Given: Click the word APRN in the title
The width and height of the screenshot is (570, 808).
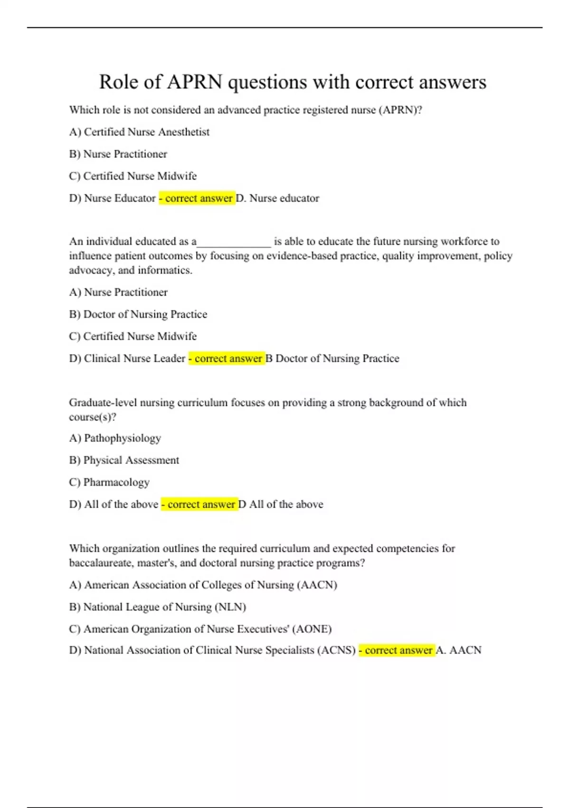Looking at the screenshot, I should click(194, 82).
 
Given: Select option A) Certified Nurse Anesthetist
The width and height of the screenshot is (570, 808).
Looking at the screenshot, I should click(139, 132).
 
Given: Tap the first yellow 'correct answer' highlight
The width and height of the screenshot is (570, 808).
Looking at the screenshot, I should click(197, 198).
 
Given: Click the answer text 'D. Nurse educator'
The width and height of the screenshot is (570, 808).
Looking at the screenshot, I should click(277, 198).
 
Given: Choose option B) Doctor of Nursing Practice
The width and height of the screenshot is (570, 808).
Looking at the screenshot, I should click(138, 314).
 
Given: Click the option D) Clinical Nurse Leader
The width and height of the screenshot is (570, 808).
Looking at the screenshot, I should click(127, 358).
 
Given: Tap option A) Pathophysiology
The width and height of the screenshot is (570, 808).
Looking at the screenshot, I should click(115, 438).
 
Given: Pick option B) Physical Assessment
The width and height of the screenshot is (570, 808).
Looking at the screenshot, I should click(124, 460).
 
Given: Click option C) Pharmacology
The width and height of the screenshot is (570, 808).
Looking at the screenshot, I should click(109, 482).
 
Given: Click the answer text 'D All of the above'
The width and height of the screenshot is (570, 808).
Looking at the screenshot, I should click(280, 504).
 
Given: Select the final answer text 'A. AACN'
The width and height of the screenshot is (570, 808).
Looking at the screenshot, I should click(458, 650).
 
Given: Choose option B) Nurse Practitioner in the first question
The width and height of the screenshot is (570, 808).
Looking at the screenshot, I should click(118, 154).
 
